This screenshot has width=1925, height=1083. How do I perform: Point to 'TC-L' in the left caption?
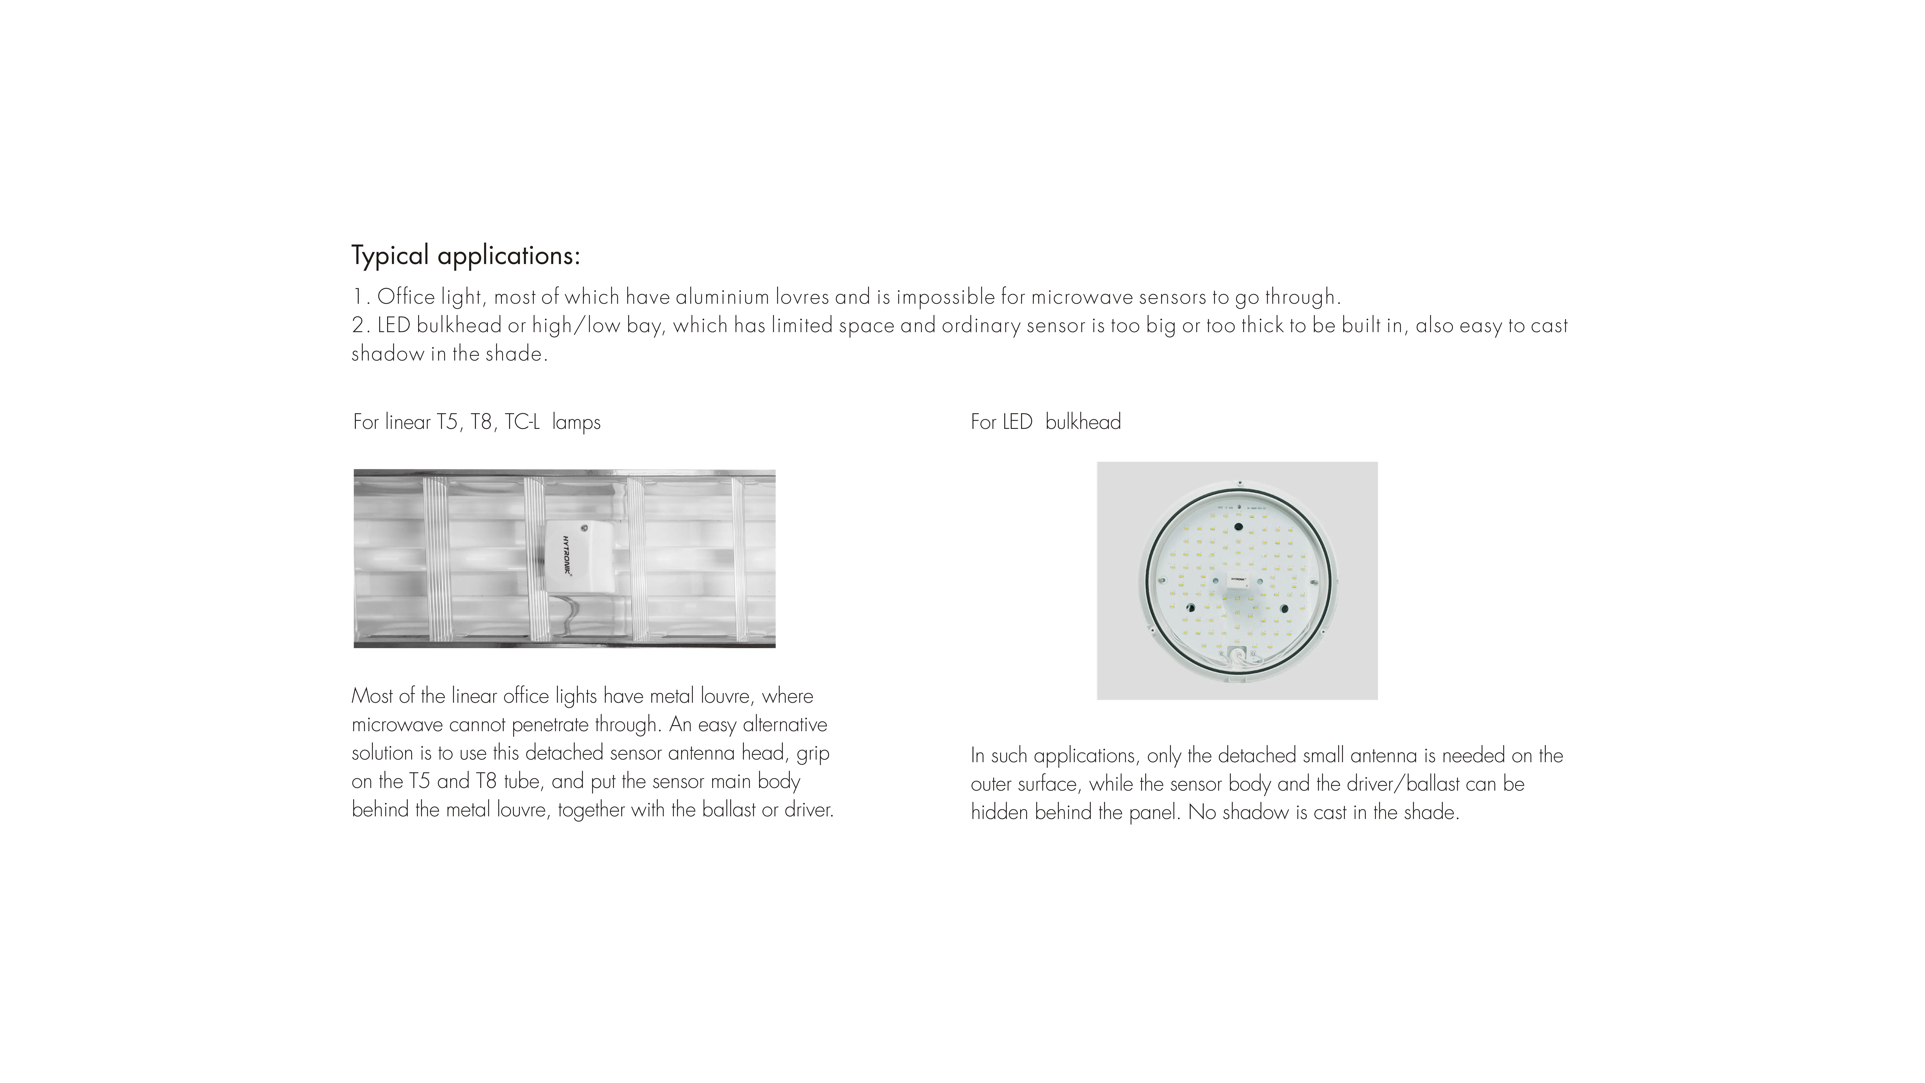click(522, 422)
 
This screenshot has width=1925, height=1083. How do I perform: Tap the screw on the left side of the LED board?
click(1161, 580)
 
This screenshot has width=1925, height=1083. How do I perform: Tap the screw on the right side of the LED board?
click(1313, 580)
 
